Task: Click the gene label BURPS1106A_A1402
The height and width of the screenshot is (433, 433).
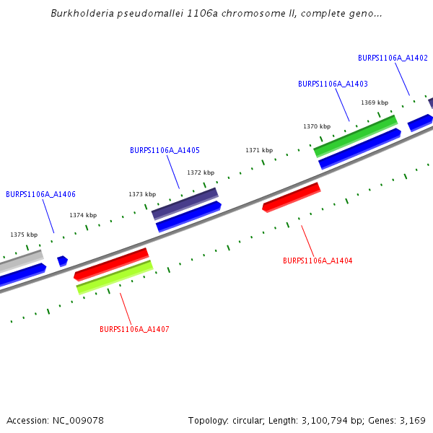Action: pos(393,58)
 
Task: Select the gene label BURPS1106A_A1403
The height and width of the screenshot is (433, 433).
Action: pos(333,84)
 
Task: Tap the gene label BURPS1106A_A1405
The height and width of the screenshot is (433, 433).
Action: pos(165,150)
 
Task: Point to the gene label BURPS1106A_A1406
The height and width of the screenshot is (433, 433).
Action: pos(40,194)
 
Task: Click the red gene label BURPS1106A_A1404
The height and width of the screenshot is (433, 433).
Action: pos(318,261)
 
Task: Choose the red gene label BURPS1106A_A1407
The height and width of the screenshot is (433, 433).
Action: pos(134,329)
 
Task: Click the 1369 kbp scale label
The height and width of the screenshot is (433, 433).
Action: pos(375,102)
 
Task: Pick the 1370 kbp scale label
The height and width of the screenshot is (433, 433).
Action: pos(317,126)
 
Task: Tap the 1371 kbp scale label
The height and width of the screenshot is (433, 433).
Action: pos(259,150)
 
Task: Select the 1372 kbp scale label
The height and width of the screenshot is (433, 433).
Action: pos(201,172)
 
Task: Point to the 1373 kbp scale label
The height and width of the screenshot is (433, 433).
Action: pos(142,194)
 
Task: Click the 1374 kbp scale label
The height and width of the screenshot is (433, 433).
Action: pos(83,215)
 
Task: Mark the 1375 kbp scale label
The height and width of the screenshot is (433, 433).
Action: pos(24,235)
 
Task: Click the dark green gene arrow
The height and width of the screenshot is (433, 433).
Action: pos(355,136)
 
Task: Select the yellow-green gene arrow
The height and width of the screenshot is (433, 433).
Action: pos(115,277)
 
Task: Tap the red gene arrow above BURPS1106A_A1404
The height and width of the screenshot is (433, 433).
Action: pos(291,197)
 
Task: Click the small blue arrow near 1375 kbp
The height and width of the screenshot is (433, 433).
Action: pos(63,261)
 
